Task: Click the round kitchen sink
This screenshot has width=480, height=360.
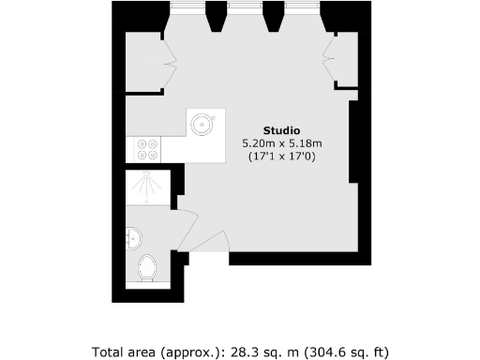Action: click(202, 122)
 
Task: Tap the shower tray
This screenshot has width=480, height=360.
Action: click(147, 187)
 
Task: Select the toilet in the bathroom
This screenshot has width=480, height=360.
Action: click(145, 270)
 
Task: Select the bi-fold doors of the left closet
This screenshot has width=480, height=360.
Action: click(170, 65)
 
